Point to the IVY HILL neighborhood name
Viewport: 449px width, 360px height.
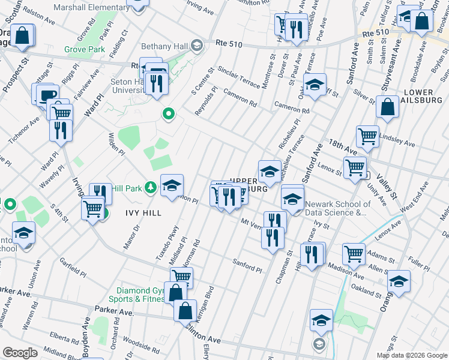click(x=143, y=212)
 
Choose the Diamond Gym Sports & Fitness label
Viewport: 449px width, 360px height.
click(x=137, y=294)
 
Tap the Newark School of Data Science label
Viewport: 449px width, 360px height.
click(x=336, y=208)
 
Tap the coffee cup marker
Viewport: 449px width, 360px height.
click(x=47, y=94)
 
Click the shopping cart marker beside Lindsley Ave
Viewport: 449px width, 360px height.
click(x=367, y=135)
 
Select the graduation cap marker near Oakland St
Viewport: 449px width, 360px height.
click(x=399, y=280)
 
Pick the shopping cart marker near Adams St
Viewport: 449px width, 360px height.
click(x=354, y=253)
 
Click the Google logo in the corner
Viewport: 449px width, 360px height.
click(x=20, y=352)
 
